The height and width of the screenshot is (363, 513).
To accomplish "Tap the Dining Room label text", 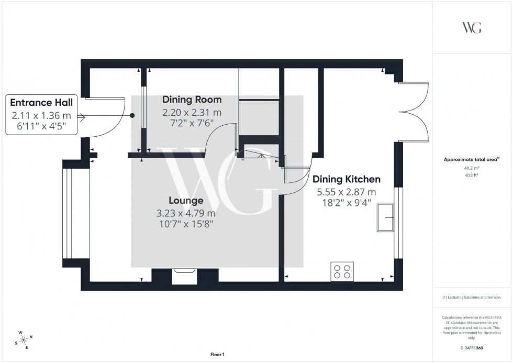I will (x=192, y=100).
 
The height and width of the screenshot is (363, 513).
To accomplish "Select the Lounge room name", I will (x=186, y=201).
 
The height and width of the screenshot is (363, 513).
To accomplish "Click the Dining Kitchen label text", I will (x=346, y=179).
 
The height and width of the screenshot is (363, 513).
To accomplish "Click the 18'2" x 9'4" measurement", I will (x=346, y=203).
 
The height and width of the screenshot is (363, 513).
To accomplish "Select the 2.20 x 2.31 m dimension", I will (x=192, y=113).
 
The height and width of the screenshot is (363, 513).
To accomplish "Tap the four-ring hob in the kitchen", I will (x=342, y=271).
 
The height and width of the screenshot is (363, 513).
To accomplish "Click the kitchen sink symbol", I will (x=386, y=217).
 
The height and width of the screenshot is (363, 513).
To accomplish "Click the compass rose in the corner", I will (x=23, y=339).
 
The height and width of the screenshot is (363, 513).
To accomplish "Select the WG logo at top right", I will (x=472, y=28).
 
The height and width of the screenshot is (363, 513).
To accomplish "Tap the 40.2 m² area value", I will (x=472, y=168).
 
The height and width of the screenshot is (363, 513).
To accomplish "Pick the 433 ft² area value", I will (x=472, y=175).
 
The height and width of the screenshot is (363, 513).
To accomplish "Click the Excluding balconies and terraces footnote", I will (x=472, y=298).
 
